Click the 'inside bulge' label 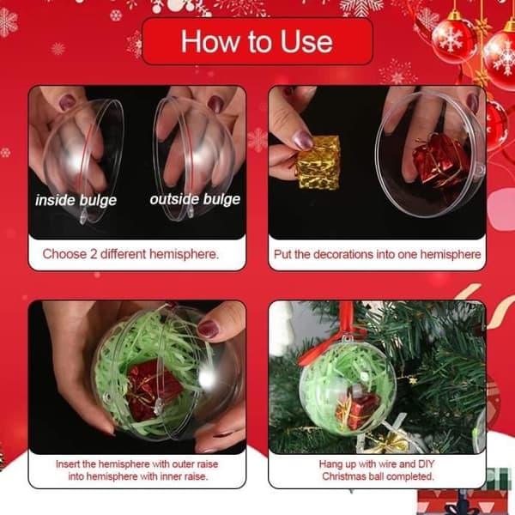point(76,200)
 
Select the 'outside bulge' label point(195,200)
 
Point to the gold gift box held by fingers point(318,163)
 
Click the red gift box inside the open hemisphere point(440,160)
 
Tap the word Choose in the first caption point(64,254)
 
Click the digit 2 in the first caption point(94,254)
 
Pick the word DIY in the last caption point(426,464)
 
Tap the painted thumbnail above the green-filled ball point(208,329)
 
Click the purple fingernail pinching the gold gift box point(302,140)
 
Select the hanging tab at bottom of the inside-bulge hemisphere point(82,218)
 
